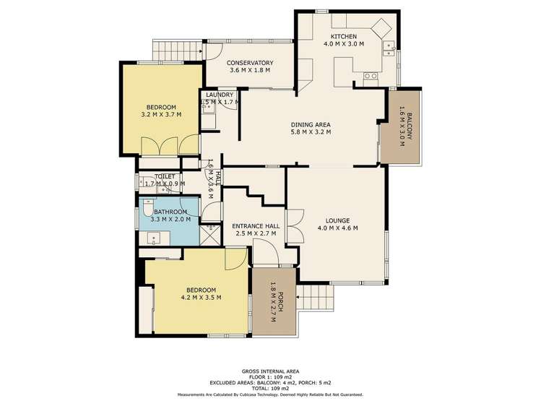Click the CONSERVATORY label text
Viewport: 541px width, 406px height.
point(250,62)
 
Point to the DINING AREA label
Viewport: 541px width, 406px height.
point(311,124)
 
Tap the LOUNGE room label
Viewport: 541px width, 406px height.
point(337,220)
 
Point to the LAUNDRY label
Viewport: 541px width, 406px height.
point(219,95)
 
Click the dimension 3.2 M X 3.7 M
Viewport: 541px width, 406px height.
point(161,114)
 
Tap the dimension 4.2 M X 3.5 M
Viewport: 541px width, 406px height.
point(201,297)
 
